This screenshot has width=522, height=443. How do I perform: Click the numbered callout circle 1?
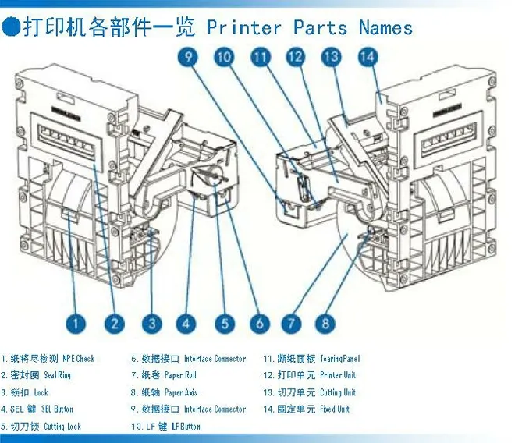pyautogui.click(x=76, y=323)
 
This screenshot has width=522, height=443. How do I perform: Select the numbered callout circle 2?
pyautogui.click(x=114, y=323)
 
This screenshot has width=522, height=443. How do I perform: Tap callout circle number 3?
pyautogui.click(x=152, y=323)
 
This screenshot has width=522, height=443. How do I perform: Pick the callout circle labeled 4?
pyautogui.click(x=186, y=323)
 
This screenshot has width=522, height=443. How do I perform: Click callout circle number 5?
pyautogui.click(x=223, y=323)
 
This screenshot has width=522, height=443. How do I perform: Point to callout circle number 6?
pyautogui.click(x=260, y=323)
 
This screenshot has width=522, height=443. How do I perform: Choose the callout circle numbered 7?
pyautogui.click(x=291, y=323)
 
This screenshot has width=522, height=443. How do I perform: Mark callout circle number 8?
pyautogui.click(x=327, y=323)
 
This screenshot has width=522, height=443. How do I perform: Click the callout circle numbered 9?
pyautogui.click(x=189, y=57)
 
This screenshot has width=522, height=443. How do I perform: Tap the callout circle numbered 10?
pyautogui.click(x=224, y=57)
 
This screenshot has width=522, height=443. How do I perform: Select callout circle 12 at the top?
pyautogui.click(x=295, y=57)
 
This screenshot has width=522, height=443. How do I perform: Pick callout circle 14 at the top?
pyautogui.click(x=368, y=57)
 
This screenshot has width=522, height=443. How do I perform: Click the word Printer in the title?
pyautogui.click(x=243, y=28)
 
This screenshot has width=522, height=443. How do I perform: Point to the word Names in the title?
pyautogui.click(x=385, y=28)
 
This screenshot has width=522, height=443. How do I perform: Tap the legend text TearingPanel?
pyautogui.click(x=340, y=359)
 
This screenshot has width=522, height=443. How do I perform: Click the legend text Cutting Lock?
pyautogui.click(x=62, y=426)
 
